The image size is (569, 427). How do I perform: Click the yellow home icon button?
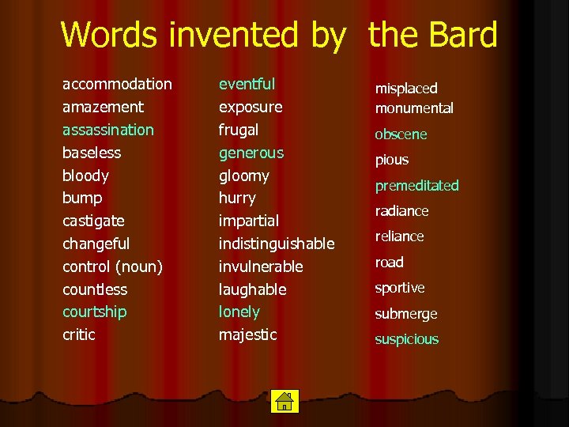[283, 401]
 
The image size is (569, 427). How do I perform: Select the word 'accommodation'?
[117, 84]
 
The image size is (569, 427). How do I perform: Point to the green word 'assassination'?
[108, 130]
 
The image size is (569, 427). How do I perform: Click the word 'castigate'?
[93, 221]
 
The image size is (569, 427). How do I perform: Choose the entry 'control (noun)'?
[112, 266]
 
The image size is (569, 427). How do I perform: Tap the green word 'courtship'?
[94, 312]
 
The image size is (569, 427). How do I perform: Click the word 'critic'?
[78, 334]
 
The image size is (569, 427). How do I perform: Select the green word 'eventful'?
[247, 84]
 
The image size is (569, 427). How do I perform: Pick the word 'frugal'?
[239, 130]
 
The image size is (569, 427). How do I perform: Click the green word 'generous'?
[251, 152]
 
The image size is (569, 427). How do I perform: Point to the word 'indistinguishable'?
[277, 244]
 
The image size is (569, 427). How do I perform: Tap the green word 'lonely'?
[239, 312]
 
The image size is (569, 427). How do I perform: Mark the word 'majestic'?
[247, 334]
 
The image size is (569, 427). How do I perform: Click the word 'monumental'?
[414, 108]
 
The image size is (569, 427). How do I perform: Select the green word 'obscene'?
[401, 134]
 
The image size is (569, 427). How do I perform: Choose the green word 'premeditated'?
[416, 186]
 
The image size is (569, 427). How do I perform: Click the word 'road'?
[389, 263]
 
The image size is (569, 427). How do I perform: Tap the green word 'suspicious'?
[406, 339]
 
